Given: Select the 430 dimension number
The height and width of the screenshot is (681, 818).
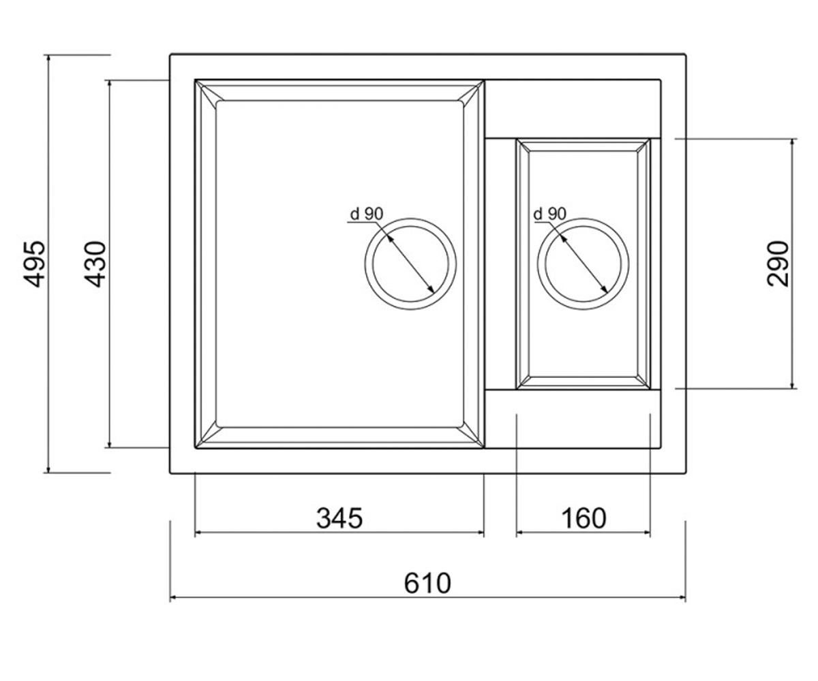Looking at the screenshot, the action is [95, 264].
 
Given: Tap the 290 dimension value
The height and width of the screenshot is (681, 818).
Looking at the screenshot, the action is [778, 264].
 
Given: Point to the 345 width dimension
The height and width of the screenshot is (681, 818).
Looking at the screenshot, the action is [339, 518].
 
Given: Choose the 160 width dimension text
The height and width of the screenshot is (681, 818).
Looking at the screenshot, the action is [584, 518].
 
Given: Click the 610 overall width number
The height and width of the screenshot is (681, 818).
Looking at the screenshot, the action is [427, 584].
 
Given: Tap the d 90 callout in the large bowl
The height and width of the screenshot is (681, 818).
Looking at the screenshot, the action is [367, 214].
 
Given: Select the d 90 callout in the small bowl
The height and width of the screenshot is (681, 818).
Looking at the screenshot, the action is [550, 214].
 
